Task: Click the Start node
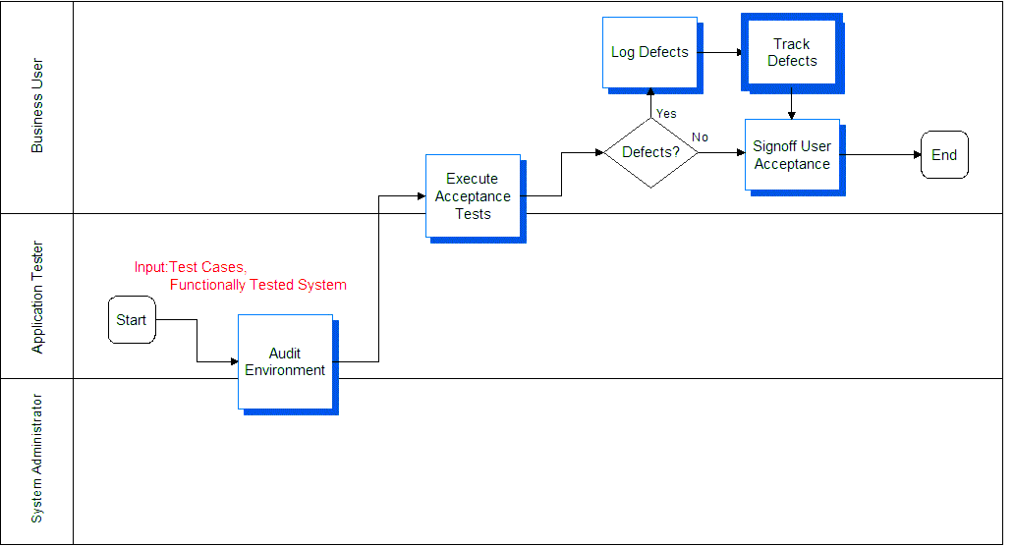pos(132,320)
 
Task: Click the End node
pos(944,155)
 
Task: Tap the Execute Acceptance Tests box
pos(476,199)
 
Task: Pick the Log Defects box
pos(652,56)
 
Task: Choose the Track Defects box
pos(793,54)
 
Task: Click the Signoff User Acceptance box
pos(796,158)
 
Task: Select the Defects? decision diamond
pos(650,152)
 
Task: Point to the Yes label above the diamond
pos(666,114)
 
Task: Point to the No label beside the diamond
pos(700,136)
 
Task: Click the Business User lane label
pos(37,106)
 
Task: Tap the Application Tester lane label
pos(37,298)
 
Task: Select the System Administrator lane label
pos(37,459)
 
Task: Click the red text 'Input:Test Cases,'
pos(191,267)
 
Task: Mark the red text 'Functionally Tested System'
pos(258,285)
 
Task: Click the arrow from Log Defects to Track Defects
pos(721,52)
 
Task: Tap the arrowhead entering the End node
pos(917,155)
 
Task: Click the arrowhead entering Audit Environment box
pos(234,361)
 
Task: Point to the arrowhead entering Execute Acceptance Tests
pos(422,195)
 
